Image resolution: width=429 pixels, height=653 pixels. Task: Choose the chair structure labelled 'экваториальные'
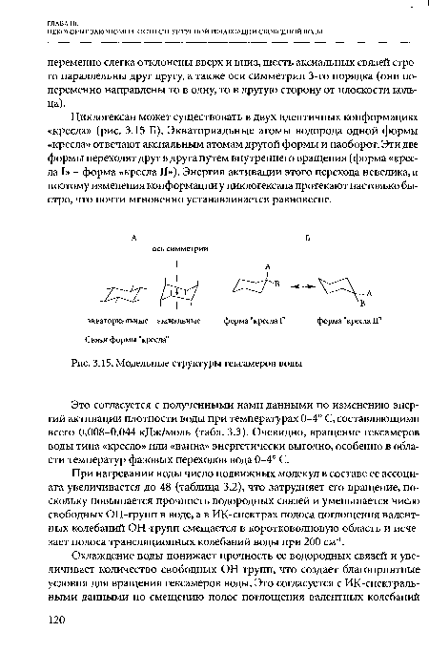(107, 286)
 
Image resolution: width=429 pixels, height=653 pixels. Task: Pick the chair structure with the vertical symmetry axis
(178, 286)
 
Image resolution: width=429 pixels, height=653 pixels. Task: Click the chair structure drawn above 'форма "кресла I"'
(257, 284)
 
